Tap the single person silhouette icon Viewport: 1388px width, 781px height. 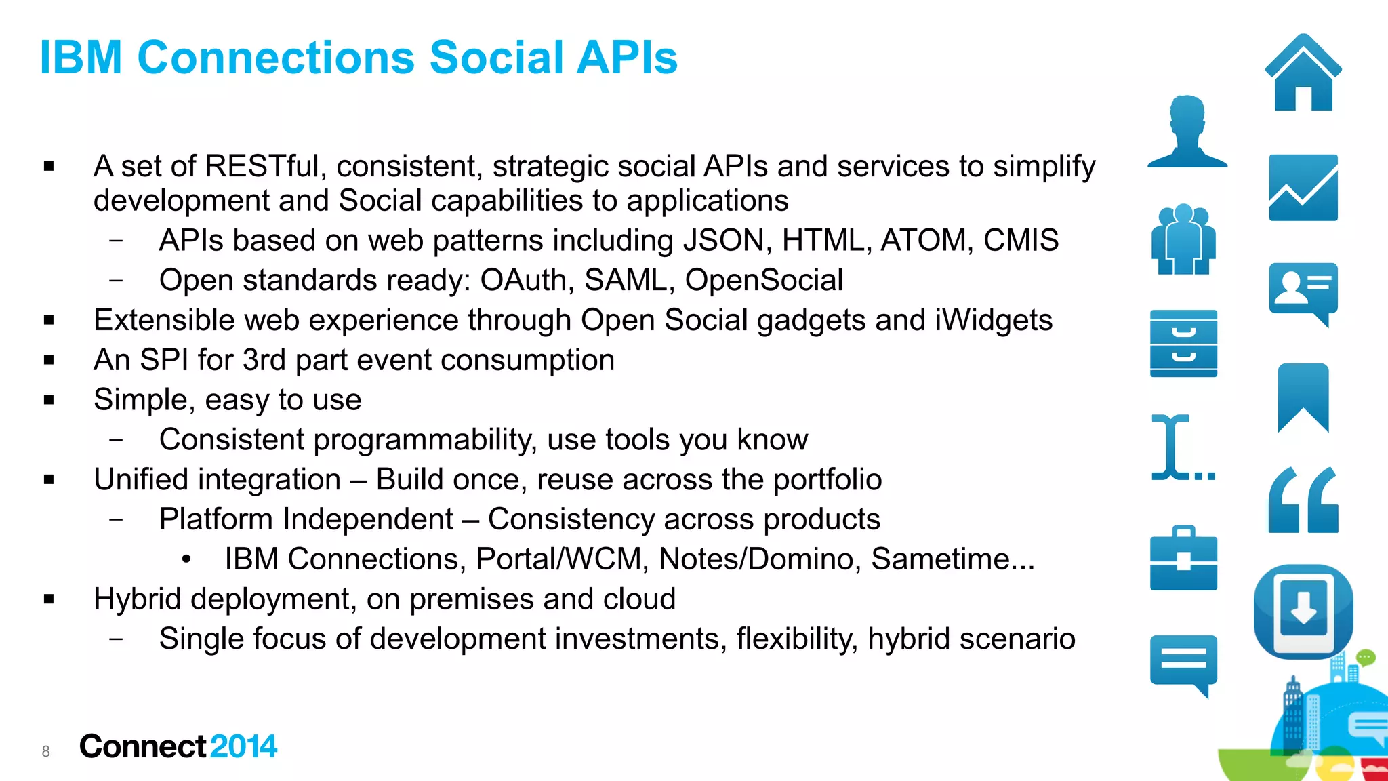tap(1187, 132)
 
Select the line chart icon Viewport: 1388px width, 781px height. tap(1303, 188)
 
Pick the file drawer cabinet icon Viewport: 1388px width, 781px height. tap(1183, 343)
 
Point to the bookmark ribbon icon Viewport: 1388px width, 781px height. tap(1303, 397)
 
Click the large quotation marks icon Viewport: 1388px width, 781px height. tap(1303, 500)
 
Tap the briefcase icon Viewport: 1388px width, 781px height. tap(1183, 559)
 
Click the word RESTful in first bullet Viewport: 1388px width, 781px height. tap(262, 166)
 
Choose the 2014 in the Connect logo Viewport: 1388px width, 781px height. tap(243, 746)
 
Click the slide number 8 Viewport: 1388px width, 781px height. tap(45, 751)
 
